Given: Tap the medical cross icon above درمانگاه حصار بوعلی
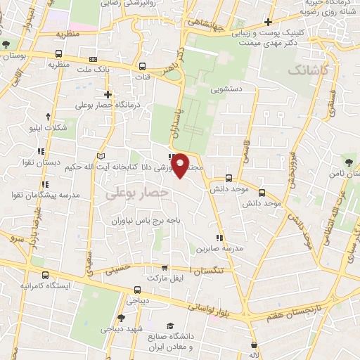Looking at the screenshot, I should (x=108, y=94).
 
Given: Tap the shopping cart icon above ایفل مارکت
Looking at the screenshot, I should (x=165, y=267).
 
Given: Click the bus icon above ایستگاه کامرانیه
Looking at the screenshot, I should (x=46, y=275).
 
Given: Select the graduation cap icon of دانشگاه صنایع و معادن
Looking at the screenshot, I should (x=169, y=326).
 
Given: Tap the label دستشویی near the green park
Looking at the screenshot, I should (x=227, y=90).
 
